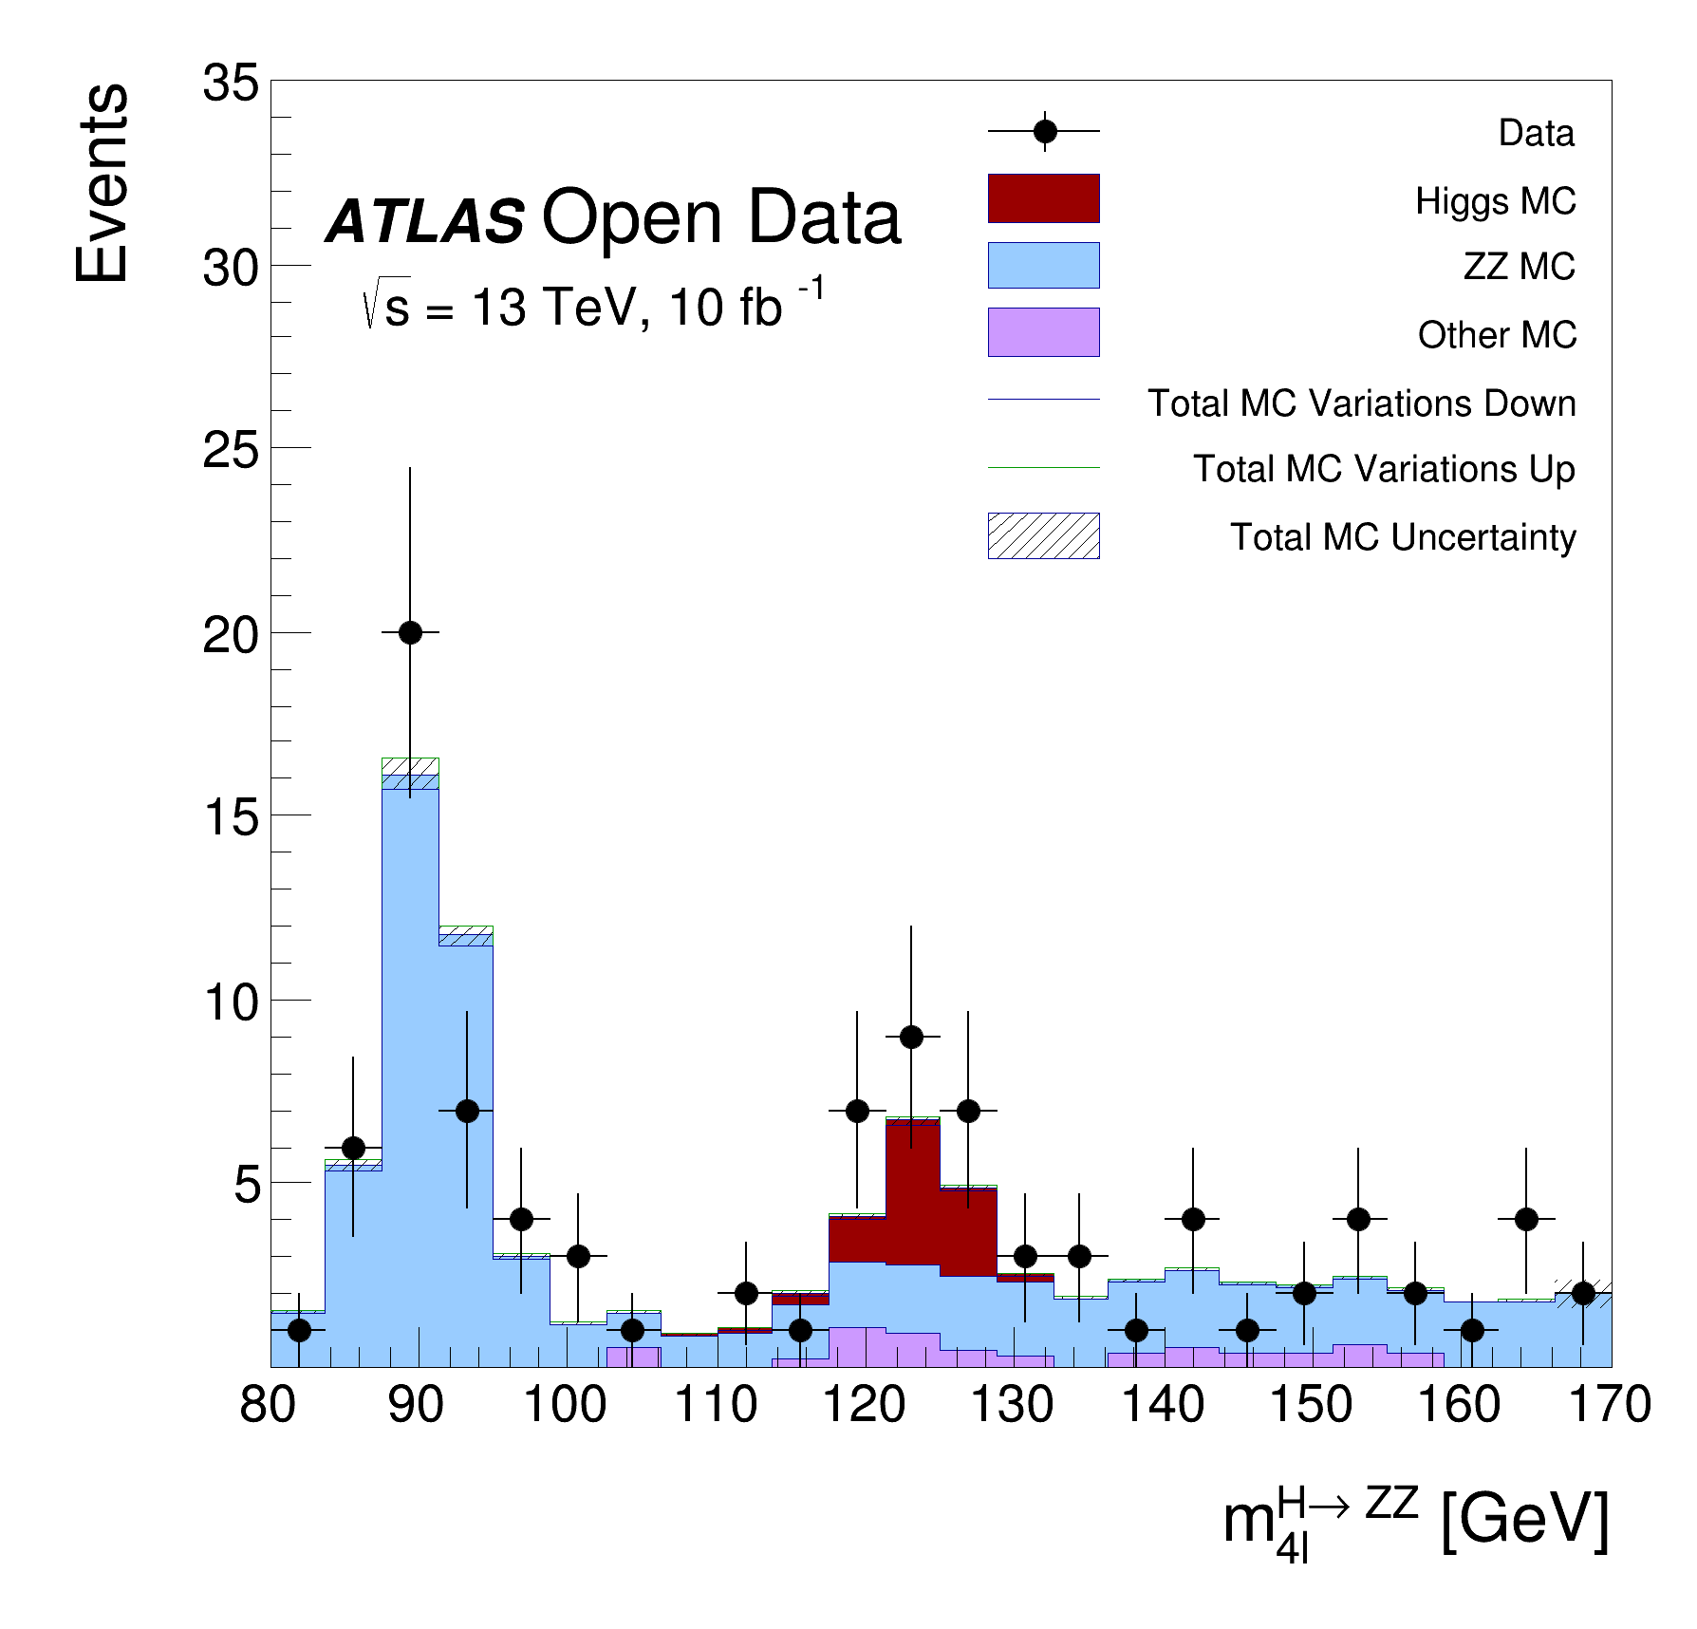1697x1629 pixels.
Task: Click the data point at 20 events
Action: coord(410,632)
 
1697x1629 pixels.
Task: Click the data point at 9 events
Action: coord(911,1037)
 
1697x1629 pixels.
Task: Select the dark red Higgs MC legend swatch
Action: coord(1043,198)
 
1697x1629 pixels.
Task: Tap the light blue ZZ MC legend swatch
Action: coord(1043,265)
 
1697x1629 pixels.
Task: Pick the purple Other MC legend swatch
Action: coord(1043,332)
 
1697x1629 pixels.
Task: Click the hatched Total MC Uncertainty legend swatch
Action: coord(1043,535)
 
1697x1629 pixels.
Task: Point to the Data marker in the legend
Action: coord(1045,131)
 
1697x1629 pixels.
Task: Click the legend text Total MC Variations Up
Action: coord(1384,469)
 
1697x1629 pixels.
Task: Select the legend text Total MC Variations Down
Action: coord(1361,403)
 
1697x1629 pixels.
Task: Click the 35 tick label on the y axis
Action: coord(231,84)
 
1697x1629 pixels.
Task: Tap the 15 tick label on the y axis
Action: coord(231,816)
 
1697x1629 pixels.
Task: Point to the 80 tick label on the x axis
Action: coord(268,1405)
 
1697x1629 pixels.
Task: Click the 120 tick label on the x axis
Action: coord(864,1405)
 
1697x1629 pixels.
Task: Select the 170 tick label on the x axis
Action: coord(1610,1405)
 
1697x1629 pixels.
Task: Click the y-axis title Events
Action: coord(103,183)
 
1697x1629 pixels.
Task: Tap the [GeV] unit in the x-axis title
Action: coord(1524,1520)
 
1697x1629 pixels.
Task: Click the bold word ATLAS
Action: coord(425,220)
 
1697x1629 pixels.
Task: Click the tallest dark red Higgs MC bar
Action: coord(912,1191)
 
